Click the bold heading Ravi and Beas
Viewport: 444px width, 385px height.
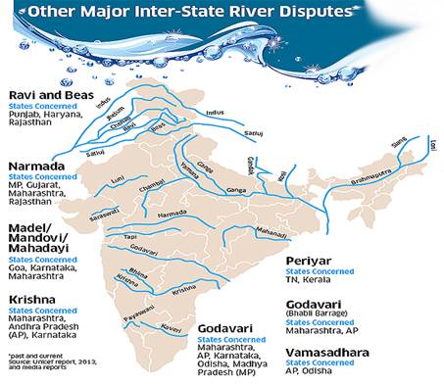pos(46,95)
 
